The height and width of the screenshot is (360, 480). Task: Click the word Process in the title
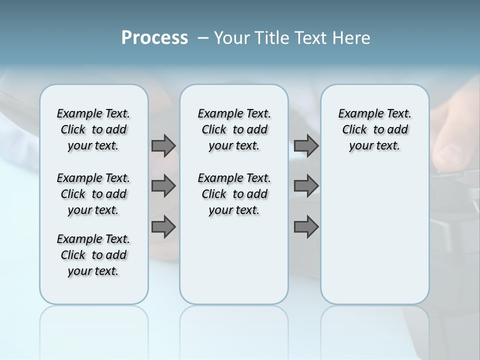(x=154, y=37)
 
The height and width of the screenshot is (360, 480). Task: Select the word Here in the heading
(x=351, y=38)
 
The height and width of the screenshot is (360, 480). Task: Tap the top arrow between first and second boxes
(x=163, y=145)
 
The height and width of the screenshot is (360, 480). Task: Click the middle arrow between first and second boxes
(x=163, y=186)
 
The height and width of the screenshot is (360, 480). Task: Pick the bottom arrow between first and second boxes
(x=163, y=227)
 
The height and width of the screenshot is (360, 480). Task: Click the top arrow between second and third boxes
(x=306, y=145)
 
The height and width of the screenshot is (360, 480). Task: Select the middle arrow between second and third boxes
(x=306, y=186)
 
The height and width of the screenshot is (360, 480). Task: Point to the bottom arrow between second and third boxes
(x=306, y=227)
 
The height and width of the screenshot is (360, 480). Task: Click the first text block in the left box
(x=93, y=129)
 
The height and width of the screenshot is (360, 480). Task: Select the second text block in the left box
(x=93, y=194)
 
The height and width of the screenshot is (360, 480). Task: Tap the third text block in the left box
(x=93, y=255)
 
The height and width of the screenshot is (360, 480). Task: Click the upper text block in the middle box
(x=234, y=129)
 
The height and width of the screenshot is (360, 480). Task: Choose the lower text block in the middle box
(x=234, y=194)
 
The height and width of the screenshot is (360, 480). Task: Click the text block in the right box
(x=374, y=129)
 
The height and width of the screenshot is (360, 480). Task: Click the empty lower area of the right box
(x=374, y=235)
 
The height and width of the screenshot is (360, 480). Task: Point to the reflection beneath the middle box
(x=234, y=325)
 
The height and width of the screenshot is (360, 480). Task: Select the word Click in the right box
(x=354, y=129)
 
